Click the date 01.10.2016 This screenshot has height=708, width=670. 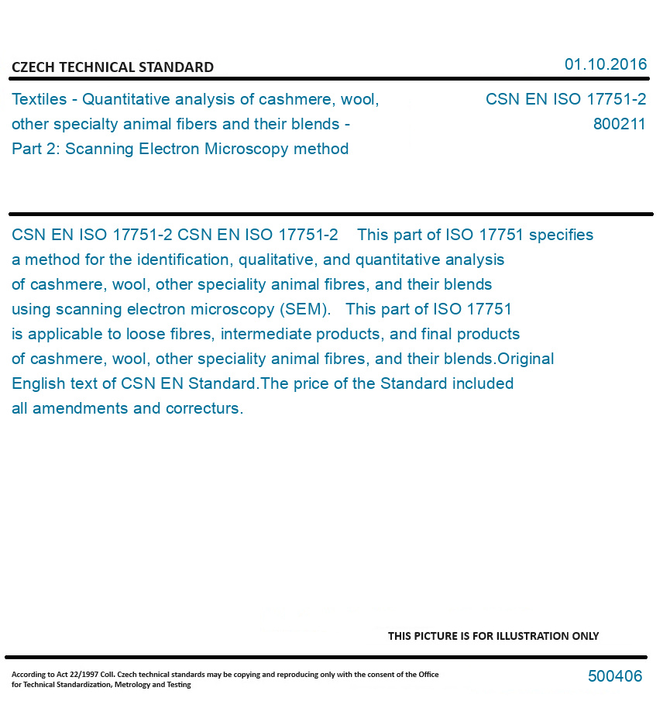point(605,64)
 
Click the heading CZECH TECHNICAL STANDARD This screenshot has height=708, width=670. point(112,67)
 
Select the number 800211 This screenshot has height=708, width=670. point(619,124)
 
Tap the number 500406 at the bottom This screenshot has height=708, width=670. point(615,676)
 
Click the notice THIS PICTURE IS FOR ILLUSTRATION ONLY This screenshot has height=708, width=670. point(493,636)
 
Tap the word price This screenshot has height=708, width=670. point(305,383)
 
